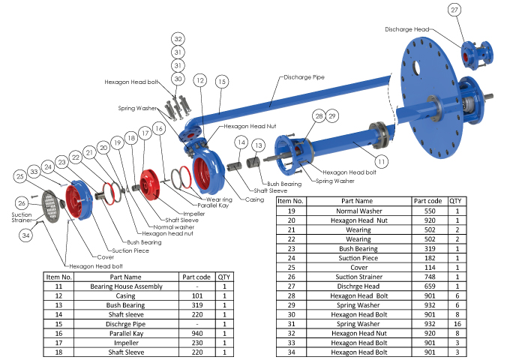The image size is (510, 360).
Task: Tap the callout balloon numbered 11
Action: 382,160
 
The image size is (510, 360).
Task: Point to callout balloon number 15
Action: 221,80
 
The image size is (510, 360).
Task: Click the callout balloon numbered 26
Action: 23,202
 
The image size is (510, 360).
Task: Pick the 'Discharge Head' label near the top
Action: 409,29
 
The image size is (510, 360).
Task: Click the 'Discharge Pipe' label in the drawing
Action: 305,76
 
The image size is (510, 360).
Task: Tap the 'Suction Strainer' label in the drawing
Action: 22,218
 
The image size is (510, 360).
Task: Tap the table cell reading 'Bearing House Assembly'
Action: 125,286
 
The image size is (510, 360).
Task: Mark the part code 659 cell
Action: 430,285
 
